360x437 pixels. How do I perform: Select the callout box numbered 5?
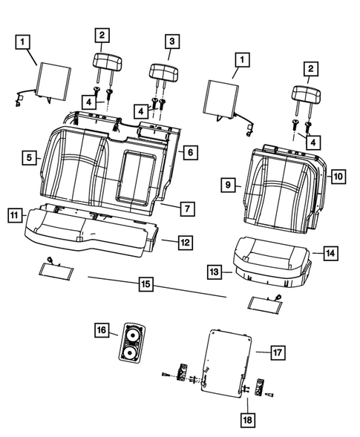[x=28, y=157]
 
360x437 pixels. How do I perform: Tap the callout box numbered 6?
[x=189, y=151]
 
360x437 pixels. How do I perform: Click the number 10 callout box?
[x=337, y=177]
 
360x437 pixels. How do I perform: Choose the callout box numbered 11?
[x=15, y=215]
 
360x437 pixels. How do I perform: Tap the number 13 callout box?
[x=215, y=274]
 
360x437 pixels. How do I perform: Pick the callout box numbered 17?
[x=278, y=352]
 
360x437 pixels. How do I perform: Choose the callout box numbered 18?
[x=246, y=421]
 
